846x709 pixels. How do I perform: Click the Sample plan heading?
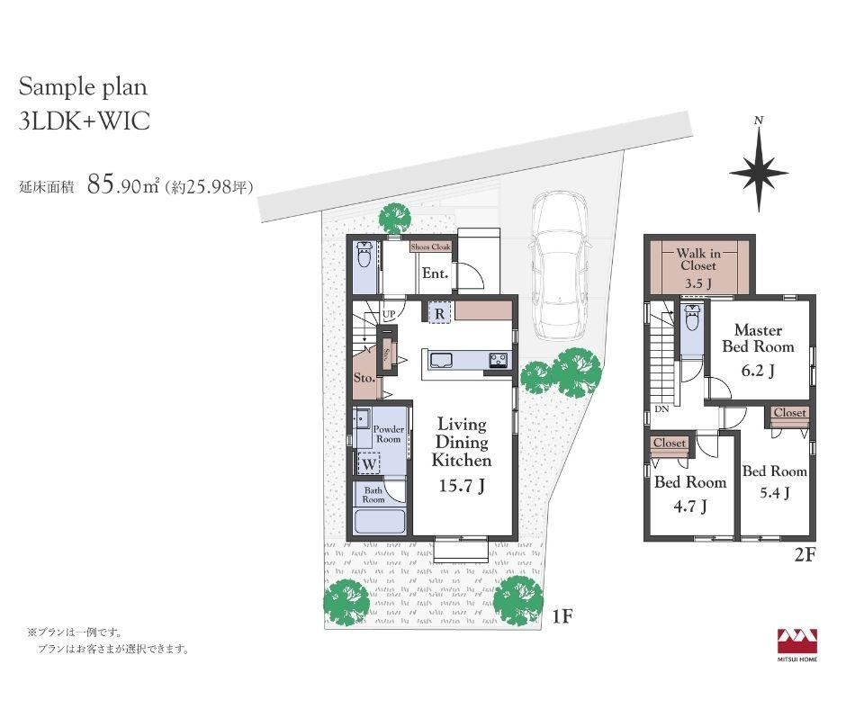pos(83,87)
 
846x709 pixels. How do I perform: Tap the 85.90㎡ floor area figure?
pos(122,185)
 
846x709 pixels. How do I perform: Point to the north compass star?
pos(759,172)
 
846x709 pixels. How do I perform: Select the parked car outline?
pos(558,266)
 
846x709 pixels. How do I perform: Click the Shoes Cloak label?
pos(430,247)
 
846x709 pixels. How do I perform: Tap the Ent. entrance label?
pos(435,274)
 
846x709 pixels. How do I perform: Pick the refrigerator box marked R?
pos(440,313)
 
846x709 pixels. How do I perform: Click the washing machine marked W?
pos(369,463)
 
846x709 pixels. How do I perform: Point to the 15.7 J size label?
pos(462,486)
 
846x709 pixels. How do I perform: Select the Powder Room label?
pos(389,435)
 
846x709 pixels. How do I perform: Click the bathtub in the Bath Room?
pos(381,522)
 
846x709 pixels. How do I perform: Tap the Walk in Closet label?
pos(698,259)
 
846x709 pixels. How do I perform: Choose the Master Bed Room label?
pos(758,338)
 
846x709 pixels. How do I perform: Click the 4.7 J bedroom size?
pos(690,507)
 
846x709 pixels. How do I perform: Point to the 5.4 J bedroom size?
pos(775,493)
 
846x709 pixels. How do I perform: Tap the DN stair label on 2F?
pos(662,409)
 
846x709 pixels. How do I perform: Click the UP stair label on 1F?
pos(389,314)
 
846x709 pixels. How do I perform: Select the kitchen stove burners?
pos(499,360)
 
